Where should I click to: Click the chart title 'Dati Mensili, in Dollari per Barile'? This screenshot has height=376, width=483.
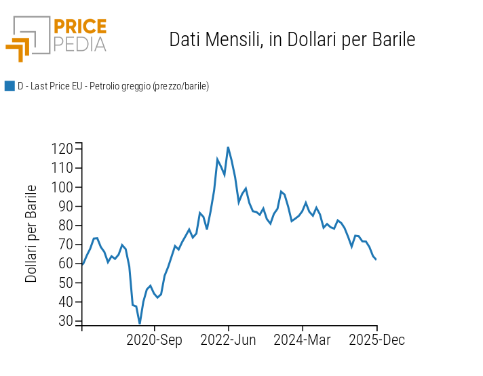(x=292, y=39)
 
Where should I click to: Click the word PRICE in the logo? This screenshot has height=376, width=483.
(x=79, y=26)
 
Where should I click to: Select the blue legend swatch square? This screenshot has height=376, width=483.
(x=9, y=86)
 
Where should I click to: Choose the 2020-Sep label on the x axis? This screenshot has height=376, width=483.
(x=155, y=340)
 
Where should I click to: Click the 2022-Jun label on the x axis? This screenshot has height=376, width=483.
(x=228, y=340)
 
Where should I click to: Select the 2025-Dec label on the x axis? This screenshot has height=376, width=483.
(x=376, y=340)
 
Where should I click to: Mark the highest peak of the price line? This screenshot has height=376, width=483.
(x=228, y=147)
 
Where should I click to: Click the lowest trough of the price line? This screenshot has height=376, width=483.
(x=140, y=323)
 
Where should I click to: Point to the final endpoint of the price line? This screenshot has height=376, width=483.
(x=376, y=259)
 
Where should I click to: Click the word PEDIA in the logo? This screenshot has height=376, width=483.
(x=79, y=44)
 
